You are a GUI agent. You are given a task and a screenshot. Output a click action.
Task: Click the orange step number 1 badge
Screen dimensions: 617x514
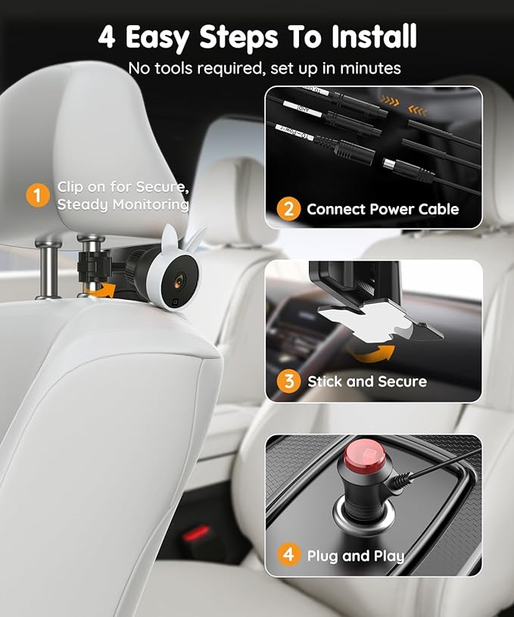[37, 195]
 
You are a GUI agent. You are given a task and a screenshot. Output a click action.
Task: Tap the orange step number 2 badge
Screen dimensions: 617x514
[288, 208]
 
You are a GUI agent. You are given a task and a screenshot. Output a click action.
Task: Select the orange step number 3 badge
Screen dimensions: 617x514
[288, 382]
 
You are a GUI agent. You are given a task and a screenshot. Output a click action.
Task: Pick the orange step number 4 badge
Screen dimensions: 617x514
[288, 555]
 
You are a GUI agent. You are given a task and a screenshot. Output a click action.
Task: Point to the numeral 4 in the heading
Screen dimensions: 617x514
[107, 36]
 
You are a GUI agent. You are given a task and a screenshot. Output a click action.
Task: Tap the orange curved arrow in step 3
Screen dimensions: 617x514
[374, 354]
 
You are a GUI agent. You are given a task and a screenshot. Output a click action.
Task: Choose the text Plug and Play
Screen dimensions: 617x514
[356, 556]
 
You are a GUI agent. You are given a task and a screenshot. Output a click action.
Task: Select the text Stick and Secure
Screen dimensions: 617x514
[367, 382]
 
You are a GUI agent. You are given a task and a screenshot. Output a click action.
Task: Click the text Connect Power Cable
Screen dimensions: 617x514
[383, 209]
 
